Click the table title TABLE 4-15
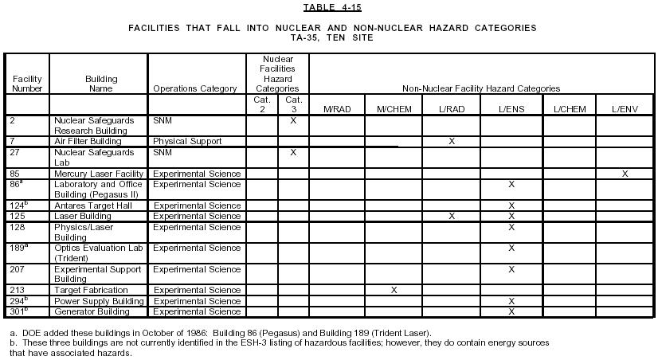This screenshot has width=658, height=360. [328, 8]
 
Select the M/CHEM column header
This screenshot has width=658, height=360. [394, 109]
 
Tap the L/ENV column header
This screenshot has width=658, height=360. [625, 109]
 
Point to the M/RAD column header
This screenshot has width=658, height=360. [337, 109]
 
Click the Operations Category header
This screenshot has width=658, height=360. [194, 88]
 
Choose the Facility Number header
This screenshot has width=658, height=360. [27, 84]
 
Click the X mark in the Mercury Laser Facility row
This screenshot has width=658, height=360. [625, 174]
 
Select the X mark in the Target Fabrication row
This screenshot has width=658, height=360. [394, 290]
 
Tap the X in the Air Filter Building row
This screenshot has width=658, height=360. [452, 142]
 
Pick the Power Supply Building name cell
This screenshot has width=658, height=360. [99, 301]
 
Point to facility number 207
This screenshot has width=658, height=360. [19, 269]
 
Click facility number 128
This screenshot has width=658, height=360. [19, 227]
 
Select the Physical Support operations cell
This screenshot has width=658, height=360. [187, 142]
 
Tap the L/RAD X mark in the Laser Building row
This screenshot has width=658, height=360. [452, 216]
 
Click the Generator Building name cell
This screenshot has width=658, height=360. [92, 311]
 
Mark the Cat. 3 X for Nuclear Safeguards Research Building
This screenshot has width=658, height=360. [293, 120]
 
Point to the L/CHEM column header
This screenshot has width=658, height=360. [569, 109]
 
